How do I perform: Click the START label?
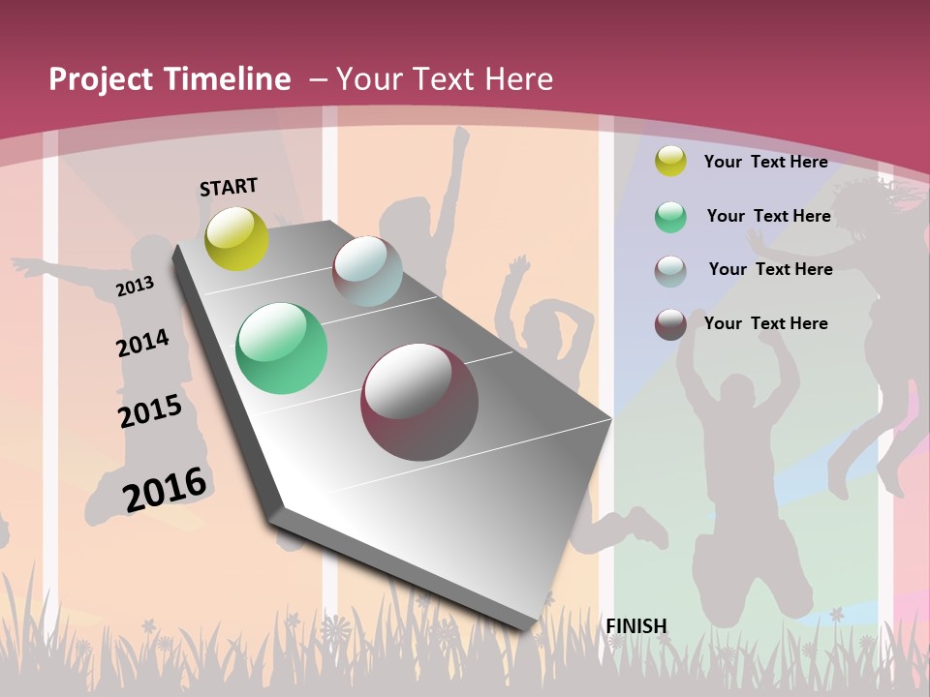(229, 187)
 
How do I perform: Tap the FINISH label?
(636, 626)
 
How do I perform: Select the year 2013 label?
(136, 286)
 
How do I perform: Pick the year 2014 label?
(143, 344)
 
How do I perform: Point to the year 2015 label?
(150, 411)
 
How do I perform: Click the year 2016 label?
(165, 489)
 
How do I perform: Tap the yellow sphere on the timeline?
(237, 238)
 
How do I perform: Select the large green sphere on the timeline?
(282, 348)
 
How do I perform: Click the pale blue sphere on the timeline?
(367, 271)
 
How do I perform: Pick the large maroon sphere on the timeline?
(419, 402)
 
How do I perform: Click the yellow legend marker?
(670, 161)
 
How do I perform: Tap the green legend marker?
(670, 217)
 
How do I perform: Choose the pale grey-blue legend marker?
(670, 271)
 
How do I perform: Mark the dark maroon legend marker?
(670, 324)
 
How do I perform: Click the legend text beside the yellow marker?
(765, 162)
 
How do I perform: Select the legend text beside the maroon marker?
(765, 323)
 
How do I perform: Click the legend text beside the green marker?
(768, 216)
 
